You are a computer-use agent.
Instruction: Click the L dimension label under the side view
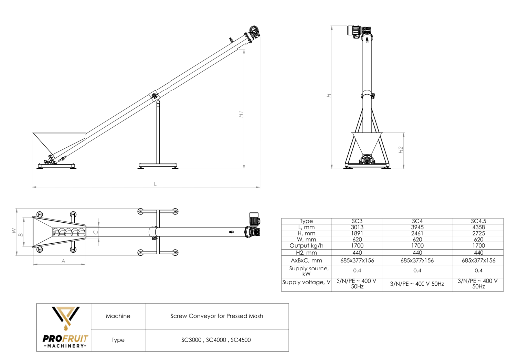pyautogui.click(x=155, y=184)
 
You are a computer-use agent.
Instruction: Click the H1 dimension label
pyautogui.click(x=241, y=114)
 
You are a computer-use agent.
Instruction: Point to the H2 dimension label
pyautogui.click(x=401, y=149)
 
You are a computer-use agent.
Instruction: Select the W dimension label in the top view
pyautogui.click(x=13, y=231)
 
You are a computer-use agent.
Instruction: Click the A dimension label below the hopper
pyautogui.click(x=63, y=260)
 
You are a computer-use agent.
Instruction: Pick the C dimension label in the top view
pyautogui.click(x=96, y=232)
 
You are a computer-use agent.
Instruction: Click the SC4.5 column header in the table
pyautogui.click(x=478, y=221)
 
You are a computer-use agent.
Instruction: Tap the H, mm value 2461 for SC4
pyautogui.click(x=417, y=233)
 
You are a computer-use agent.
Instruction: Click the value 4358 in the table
pyautogui.click(x=478, y=227)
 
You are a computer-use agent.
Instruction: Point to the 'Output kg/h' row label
pyautogui.click(x=306, y=245)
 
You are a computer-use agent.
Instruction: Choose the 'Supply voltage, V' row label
pyautogui.click(x=306, y=282)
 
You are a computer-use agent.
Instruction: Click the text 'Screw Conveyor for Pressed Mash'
pyautogui.click(x=217, y=316)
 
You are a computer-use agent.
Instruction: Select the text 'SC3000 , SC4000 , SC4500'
pyautogui.click(x=217, y=340)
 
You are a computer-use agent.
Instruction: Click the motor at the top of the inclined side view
pyautogui.click(x=254, y=33)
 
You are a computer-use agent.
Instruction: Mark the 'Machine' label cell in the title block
pyautogui.click(x=118, y=316)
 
